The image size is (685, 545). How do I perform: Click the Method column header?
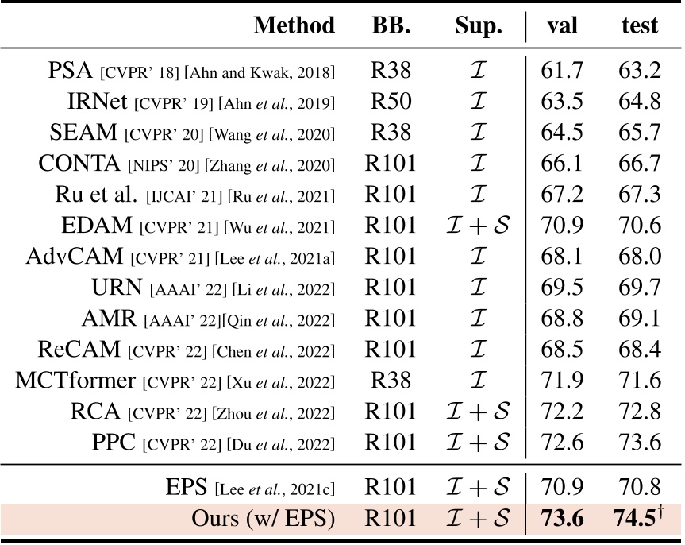click(294, 26)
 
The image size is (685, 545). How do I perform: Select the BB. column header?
click(391, 26)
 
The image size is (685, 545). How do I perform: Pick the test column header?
click(640, 26)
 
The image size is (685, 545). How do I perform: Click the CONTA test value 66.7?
click(640, 164)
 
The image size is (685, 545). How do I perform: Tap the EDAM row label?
click(98, 225)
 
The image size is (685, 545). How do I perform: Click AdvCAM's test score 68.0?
click(640, 256)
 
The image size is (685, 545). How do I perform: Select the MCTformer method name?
click(75, 379)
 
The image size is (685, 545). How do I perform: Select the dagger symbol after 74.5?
click(662, 510)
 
